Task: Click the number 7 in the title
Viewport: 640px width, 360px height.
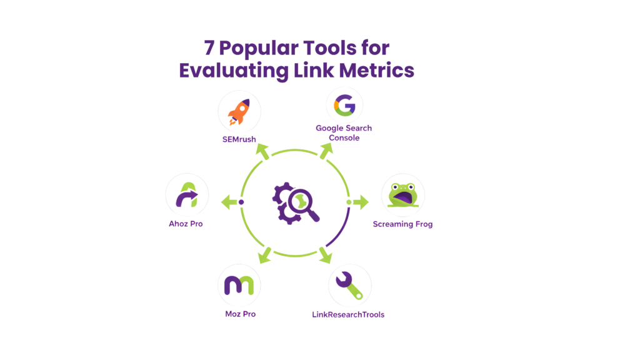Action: pos(209,48)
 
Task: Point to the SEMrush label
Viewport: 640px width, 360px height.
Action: pos(239,139)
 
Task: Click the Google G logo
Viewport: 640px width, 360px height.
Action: pos(344,105)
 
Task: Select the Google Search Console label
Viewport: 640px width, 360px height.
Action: pos(344,133)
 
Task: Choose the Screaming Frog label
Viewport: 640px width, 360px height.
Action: pos(402,224)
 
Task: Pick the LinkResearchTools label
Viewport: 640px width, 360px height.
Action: pos(348,314)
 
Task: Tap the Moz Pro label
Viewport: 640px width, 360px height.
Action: pos(241,314)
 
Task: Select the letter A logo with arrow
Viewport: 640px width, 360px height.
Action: pos(186,195)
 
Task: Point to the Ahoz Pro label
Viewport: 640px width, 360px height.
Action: pos(186,224)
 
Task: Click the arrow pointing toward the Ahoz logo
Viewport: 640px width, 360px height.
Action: pos(227,202)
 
